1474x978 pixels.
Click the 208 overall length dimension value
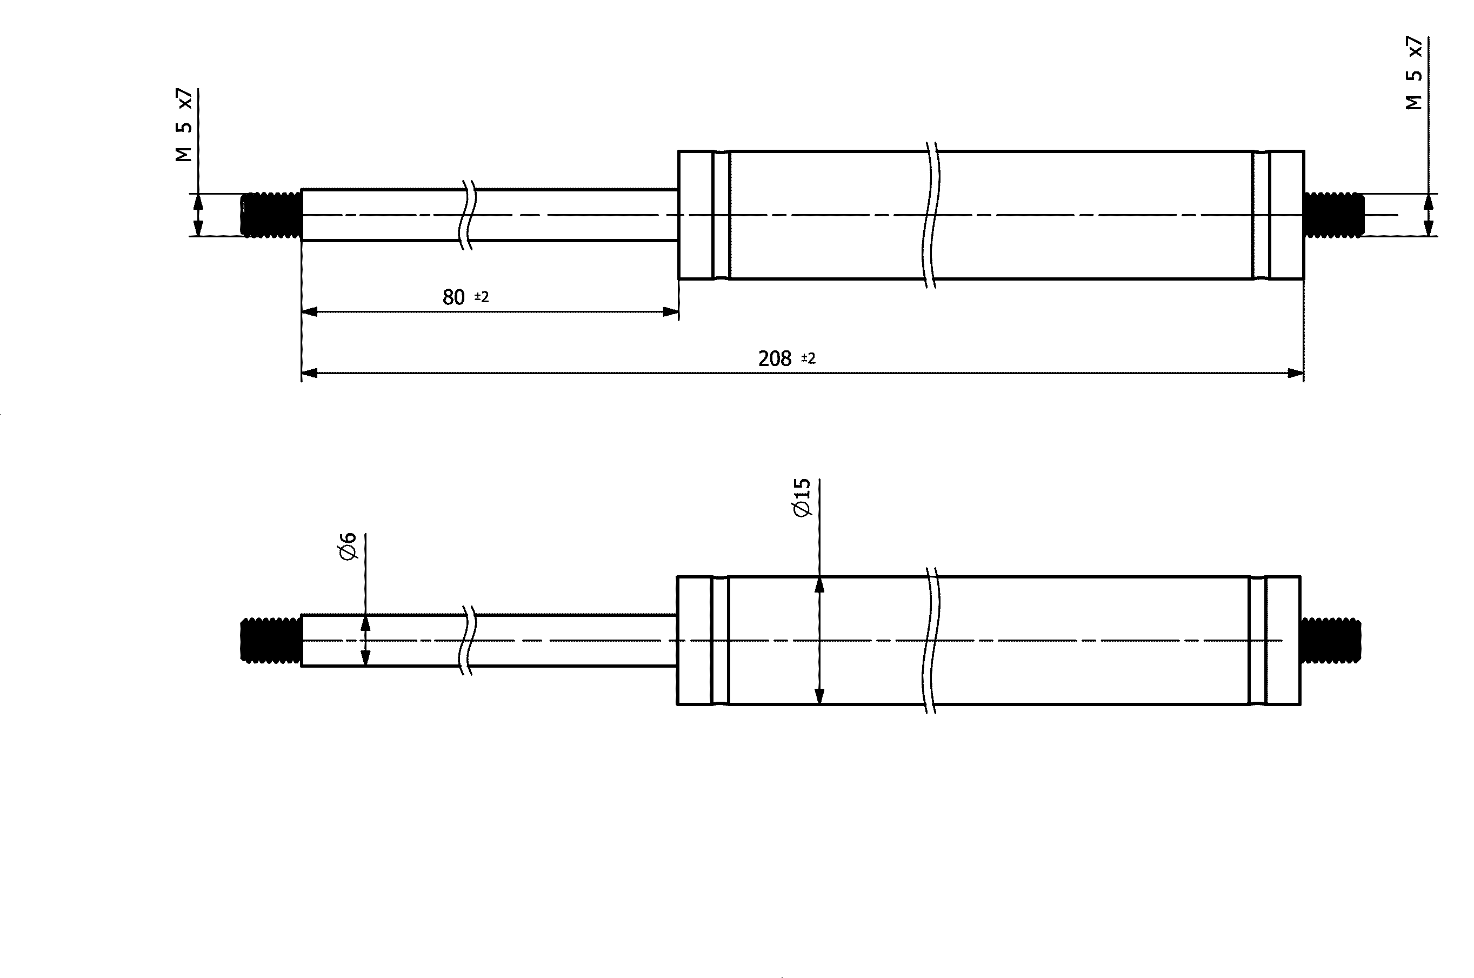pyautogui.click(x=775, y=358)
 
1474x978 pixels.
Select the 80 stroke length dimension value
pyautogui.click(x=454, y=297)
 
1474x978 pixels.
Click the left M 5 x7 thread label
pyautogui.click(x=184, y=125)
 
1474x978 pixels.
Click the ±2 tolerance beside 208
pyautogui.click(x=808, y=358)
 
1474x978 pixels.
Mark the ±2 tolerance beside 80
pyautogui.click(x=482, y=297)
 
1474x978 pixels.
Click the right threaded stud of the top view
pyautogui.click(x=1333, y=215)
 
